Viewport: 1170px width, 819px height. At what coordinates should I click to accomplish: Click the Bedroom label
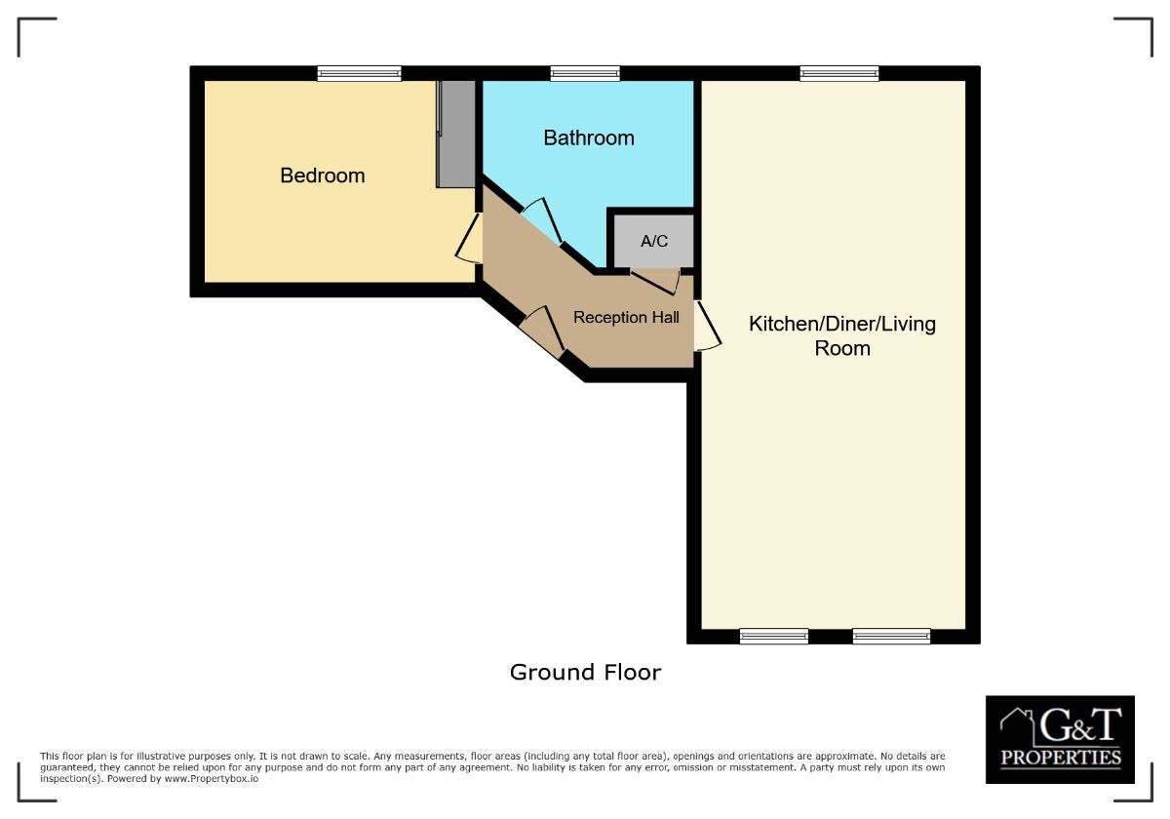(323, 175)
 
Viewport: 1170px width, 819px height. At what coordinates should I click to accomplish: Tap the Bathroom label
(589, 138)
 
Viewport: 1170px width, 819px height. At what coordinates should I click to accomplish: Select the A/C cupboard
(654, 241)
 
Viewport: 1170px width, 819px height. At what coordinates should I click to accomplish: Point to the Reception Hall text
(626, 317)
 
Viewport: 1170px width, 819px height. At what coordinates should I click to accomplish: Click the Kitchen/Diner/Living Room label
(842, 335)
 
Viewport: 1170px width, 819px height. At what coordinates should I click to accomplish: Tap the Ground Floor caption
(585, 672)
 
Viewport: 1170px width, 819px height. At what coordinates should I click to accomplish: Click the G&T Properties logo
(1060, 739)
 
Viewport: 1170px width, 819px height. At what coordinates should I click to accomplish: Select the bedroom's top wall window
(359, 73)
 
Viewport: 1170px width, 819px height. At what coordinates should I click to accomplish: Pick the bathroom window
(585, 73)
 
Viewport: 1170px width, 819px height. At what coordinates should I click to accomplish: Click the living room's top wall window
(839, 73)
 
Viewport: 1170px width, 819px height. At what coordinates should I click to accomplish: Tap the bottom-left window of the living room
(774, 637)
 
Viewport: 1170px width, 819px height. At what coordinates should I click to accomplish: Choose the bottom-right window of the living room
(891, 637)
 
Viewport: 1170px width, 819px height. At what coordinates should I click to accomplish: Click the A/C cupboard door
(655, 281)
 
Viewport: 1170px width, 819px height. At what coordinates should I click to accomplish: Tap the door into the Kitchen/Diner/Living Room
(708, 327)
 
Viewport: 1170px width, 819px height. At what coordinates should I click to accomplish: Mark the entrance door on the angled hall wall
(542, 333)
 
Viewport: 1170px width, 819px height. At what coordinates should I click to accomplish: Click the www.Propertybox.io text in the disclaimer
(213, 779)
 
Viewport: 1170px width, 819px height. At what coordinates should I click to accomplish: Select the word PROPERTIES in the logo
(1061, 758)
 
